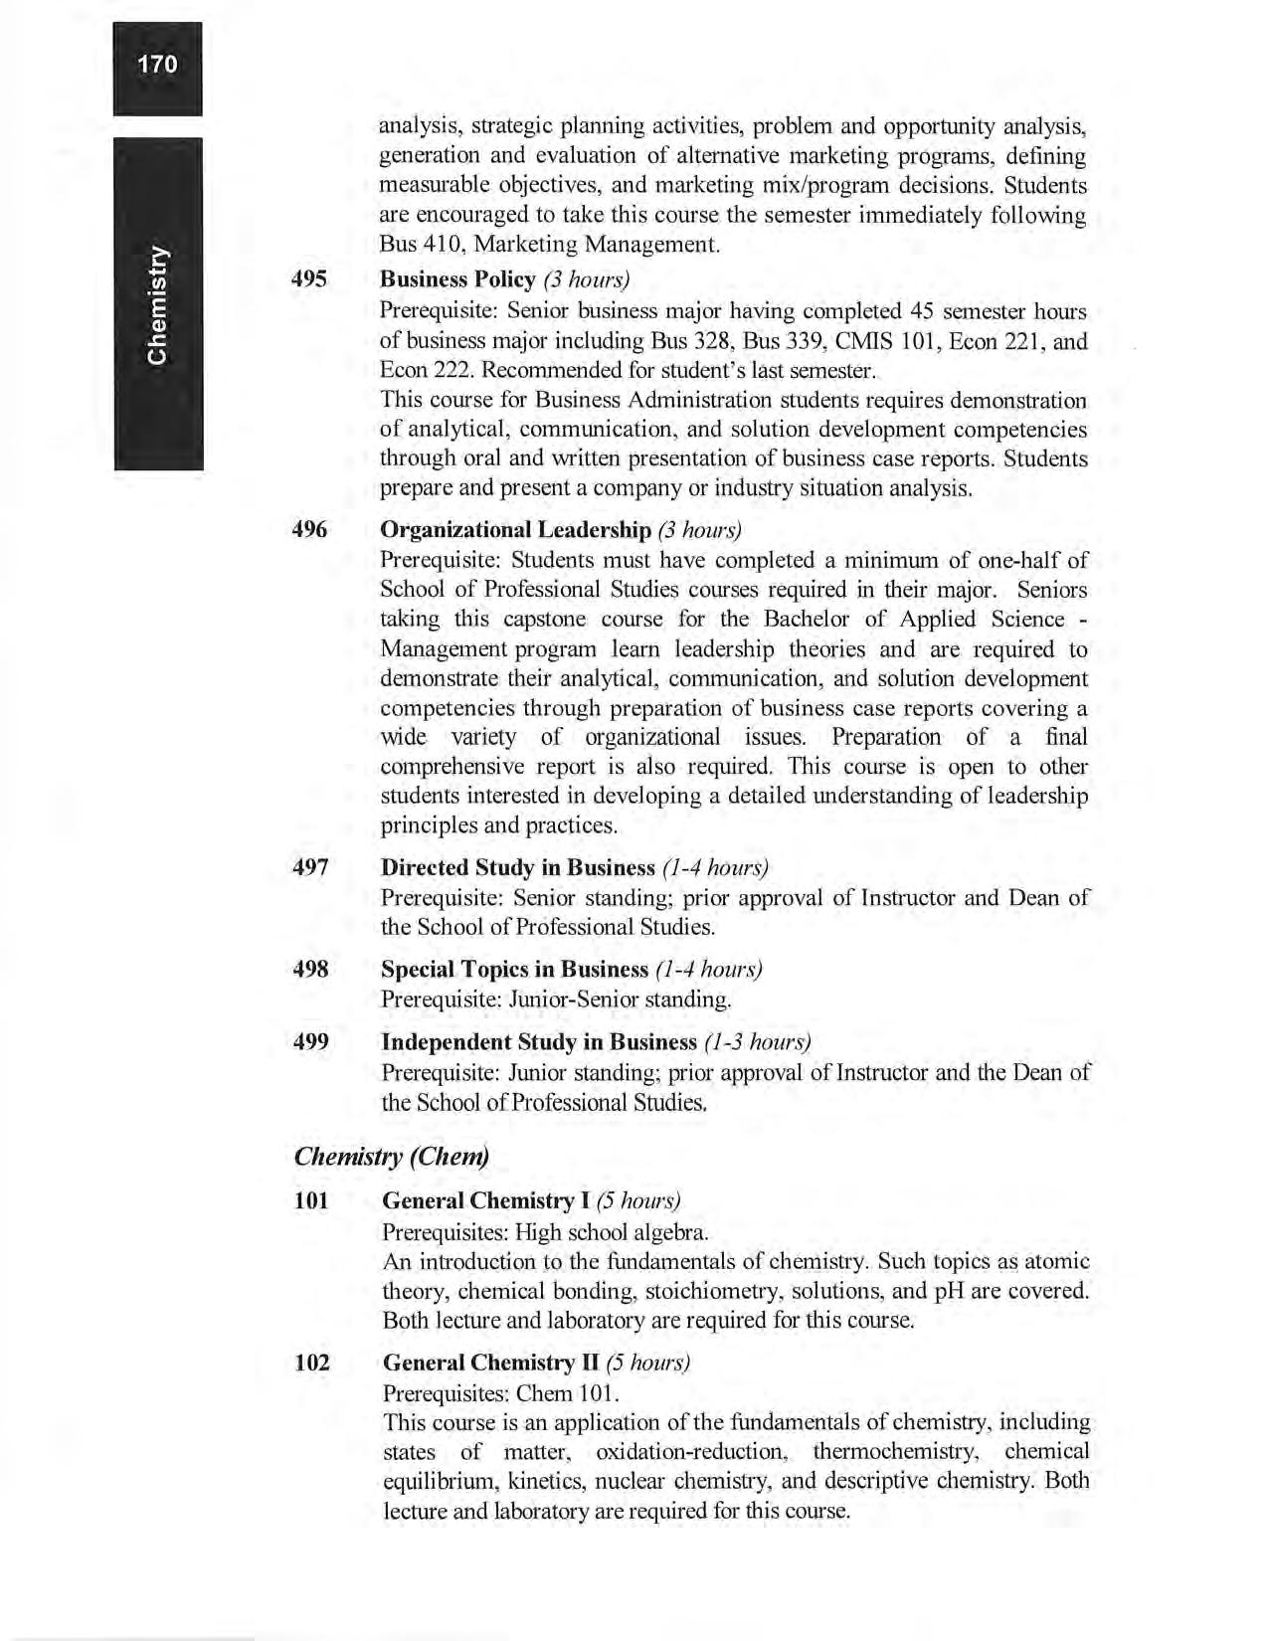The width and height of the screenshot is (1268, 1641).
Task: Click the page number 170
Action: coord(157,65)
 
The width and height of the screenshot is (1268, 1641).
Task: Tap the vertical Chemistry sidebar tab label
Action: coord(158,303)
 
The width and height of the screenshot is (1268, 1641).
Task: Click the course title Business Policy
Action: coord(457,278)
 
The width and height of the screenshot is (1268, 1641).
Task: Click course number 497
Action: coord(310,867)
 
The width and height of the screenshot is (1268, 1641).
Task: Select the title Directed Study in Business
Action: coord(517,867)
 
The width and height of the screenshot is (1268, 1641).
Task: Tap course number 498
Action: coord(310,969)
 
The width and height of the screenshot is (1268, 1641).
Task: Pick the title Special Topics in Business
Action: coord(514,969)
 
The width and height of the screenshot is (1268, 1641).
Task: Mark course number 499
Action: coord(310,1042)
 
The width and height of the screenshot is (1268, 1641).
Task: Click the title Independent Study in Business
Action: coord(539,1042)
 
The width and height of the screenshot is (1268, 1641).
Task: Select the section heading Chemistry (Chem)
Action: coord(392,1157)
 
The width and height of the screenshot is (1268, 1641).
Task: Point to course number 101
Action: coord(311,1201)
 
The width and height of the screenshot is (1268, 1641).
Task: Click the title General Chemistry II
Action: coord(490,1362)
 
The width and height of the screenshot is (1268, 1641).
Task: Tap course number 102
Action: coord(311,1362)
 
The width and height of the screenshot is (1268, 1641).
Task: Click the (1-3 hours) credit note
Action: coord(757,1042)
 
